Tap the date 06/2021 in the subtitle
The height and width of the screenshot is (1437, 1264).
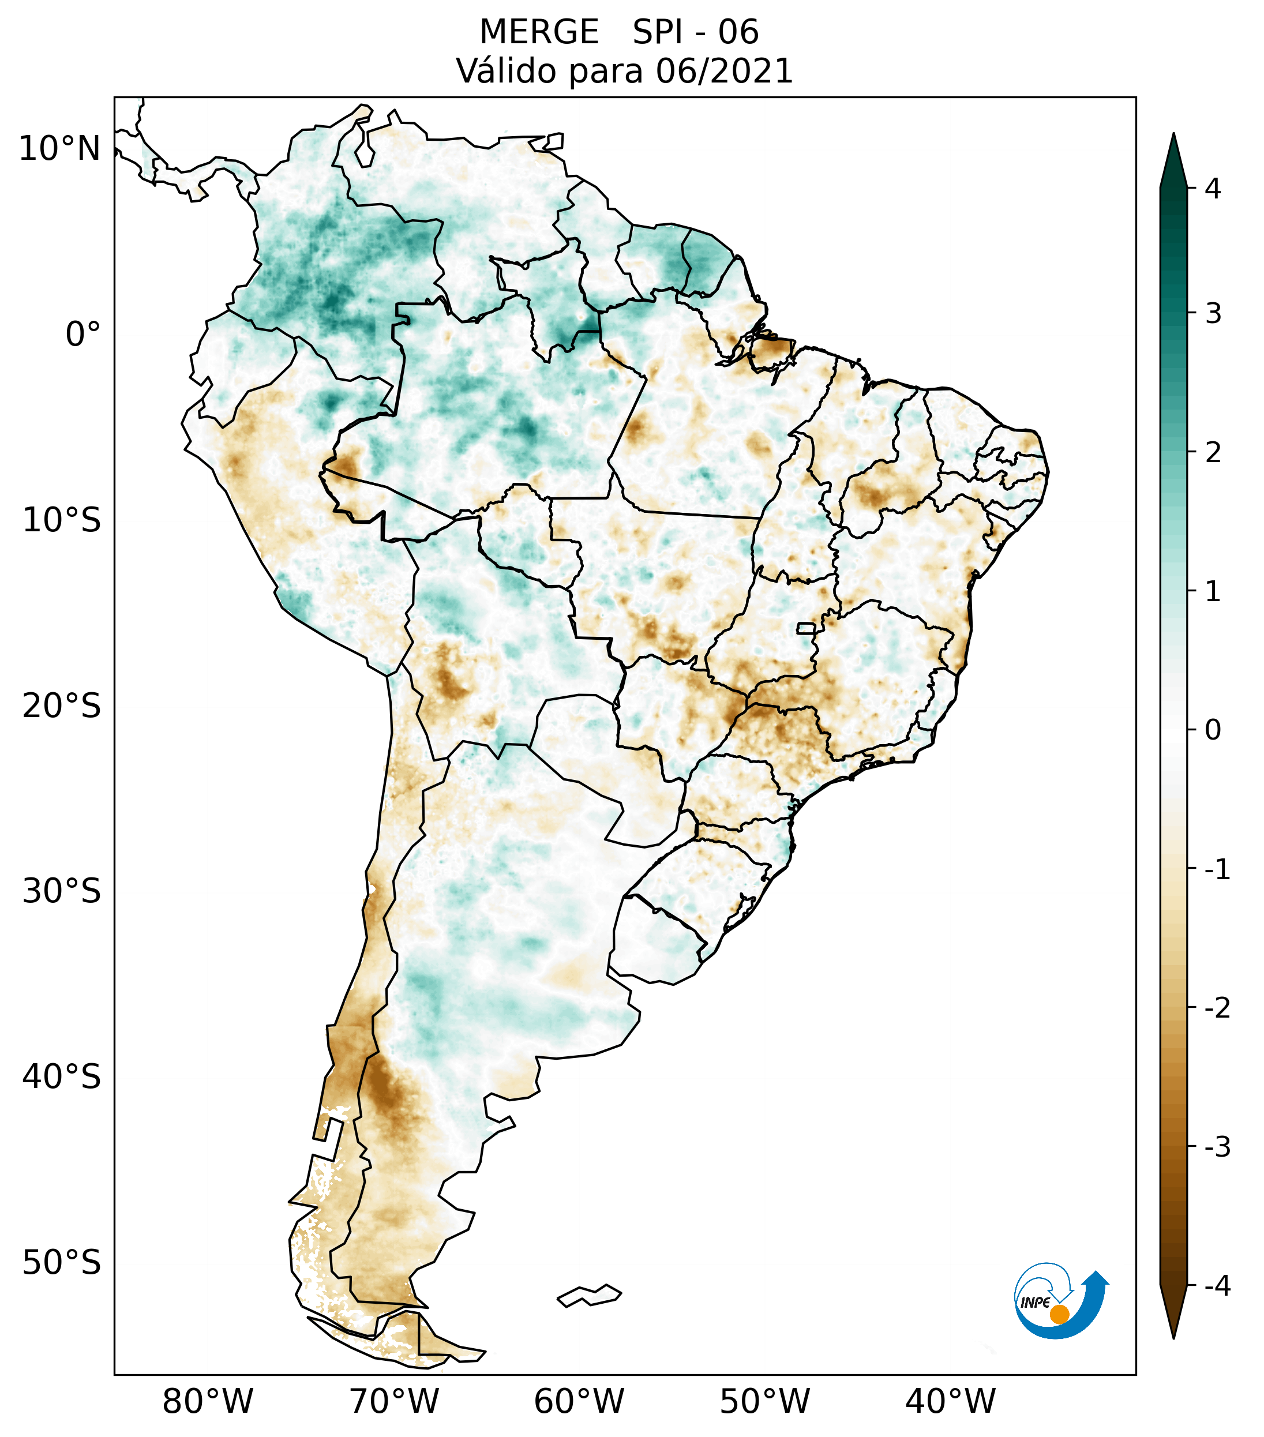(724, 71)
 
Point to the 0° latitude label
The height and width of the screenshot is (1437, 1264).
(83, 335)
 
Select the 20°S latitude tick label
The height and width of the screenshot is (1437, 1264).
(62, 706)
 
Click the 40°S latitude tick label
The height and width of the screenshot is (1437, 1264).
(62, 1077)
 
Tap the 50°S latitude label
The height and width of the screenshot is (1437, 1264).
(62, 1263)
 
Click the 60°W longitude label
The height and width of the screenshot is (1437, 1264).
(579, 1401)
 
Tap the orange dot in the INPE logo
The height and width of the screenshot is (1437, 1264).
(1059, 1314)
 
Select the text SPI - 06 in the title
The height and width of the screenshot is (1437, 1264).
(695, 32)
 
